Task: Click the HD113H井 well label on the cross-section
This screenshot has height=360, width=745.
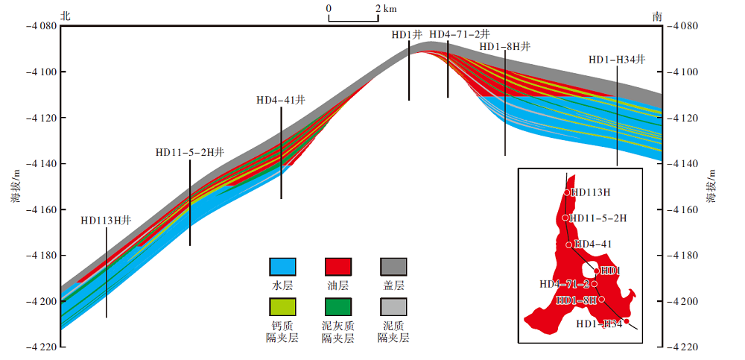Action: coord(106,221)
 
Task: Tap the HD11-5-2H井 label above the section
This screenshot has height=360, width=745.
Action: coord(189,152)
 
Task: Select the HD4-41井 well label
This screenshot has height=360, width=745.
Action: coord(281,100)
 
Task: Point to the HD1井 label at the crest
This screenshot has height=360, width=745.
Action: coord(407,34)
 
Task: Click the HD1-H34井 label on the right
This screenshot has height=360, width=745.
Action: coord(617,60)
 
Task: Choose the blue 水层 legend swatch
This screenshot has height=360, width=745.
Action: coord(282,267)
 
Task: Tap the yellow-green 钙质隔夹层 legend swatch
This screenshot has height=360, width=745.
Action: coord(282,306)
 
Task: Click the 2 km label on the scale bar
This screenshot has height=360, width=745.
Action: coord(385,8)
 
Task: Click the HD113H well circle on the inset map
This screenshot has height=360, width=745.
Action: coord(567,192)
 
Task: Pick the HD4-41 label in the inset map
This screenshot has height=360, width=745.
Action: coord(595,244)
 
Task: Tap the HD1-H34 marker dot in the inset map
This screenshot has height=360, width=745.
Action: coord(627,321)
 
